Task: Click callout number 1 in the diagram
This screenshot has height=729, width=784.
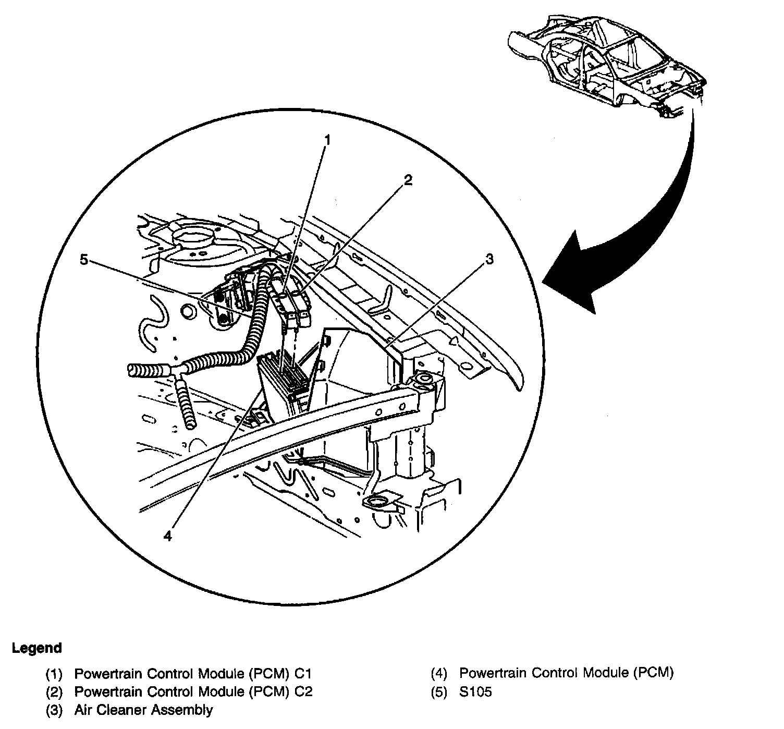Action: (x=327, y=141)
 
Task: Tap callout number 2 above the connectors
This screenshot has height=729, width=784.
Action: (x=408, y=180)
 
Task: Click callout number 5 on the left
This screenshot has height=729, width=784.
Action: (x=84, y=260)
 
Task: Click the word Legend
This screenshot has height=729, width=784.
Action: (x=36, y=648)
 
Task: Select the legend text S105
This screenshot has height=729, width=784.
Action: (x=475, y=692)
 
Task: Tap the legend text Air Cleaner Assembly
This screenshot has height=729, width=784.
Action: (x=143, y=710)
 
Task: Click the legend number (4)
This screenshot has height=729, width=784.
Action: (x=439, y=673)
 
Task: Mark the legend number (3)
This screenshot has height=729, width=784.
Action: (x=54, y=710)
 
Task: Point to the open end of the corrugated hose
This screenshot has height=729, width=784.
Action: (x=133, y=370)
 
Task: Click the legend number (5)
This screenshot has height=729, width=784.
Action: (x=439, y=692)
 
